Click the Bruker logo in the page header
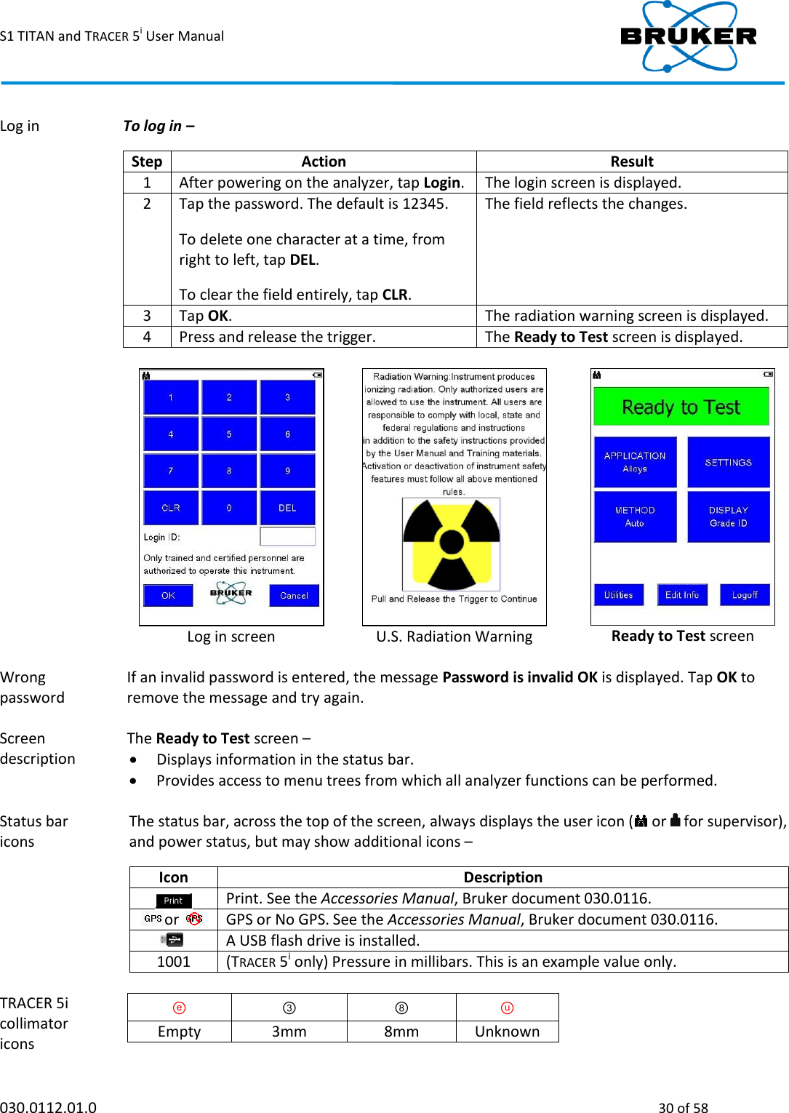tap(688, 36)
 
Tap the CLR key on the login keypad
tap(171, 508)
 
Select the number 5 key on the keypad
tap(229, 434)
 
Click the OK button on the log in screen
tap(168, 595)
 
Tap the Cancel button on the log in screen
tap(294, 595)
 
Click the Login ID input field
tap(287, 537)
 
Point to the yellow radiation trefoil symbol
tap(452, 543)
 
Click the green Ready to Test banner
tap(681, 407)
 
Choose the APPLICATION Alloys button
tap(635, 462)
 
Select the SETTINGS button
tap(728, 462)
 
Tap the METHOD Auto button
tap(635, 516)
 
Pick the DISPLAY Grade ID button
tap(728, 516)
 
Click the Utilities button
tap(618, 594)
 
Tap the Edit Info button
tap(681, 594)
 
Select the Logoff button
tap(745, 594)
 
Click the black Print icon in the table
tap(173, 900)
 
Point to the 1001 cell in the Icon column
tap(173, 962)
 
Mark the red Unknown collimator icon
tap(507, 1008)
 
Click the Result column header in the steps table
tap(631, 161)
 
